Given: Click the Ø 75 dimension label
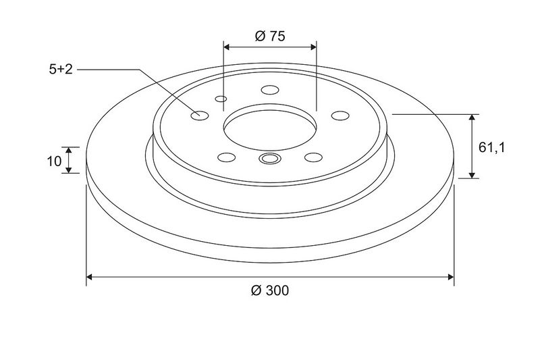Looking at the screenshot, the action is click(270, 36).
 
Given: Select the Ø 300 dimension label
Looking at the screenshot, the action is click(270, 290).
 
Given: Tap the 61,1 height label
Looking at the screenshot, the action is click(491, 148).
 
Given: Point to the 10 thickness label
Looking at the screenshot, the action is click(54, 161).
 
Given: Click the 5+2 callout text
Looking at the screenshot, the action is click(61, 70).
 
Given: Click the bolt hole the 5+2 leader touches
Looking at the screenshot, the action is click(199, 115).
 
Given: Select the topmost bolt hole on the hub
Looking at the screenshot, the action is click(270, 90).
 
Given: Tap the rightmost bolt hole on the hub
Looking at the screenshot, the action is click(340, 115).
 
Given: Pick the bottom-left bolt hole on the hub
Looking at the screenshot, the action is click(227, 157).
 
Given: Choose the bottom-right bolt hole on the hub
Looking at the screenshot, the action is click(313, 157).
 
